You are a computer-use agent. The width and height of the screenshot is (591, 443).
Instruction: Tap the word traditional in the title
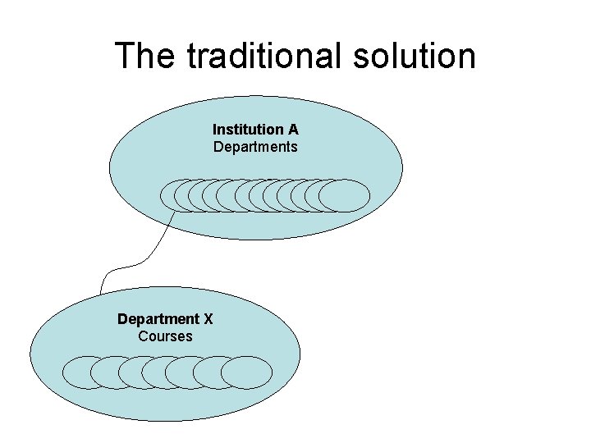(255, 56)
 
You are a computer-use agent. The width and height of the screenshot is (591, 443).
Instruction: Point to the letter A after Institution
(293, 130)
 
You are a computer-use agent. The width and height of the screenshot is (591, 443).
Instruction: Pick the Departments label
(255, 147)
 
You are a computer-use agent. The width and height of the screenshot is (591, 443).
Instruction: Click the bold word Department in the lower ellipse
(158, 318)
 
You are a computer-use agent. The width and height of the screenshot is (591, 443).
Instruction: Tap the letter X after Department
(208, 318)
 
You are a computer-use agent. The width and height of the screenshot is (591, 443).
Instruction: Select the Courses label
(165, 336)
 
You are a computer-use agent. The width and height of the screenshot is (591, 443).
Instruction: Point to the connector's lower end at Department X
(101, 292)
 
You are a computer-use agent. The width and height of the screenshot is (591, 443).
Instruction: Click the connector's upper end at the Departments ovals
(174, 212)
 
